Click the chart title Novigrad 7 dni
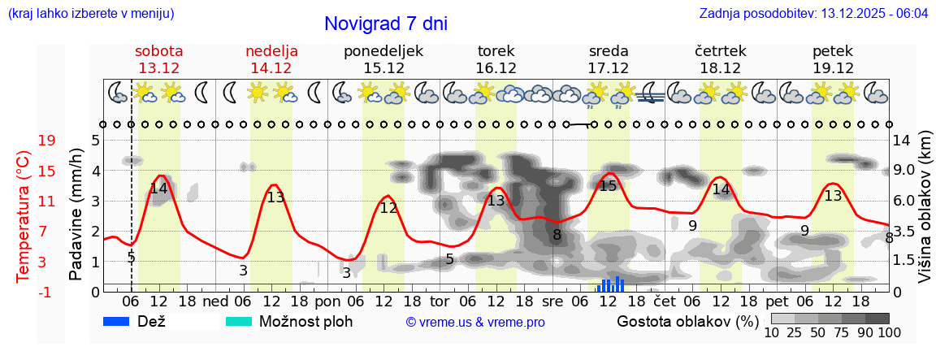pos(385,24)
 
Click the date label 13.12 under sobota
pos(158,68)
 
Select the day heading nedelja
pos(271,51)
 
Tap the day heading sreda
pos(609,51)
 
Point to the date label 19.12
pos(833,68)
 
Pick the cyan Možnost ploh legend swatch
pos(240,321)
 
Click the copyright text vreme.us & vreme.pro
pos(475,322)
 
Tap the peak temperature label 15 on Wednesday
pos(608,186)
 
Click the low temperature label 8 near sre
pos(557,236)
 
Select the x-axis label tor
pos(440,301)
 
